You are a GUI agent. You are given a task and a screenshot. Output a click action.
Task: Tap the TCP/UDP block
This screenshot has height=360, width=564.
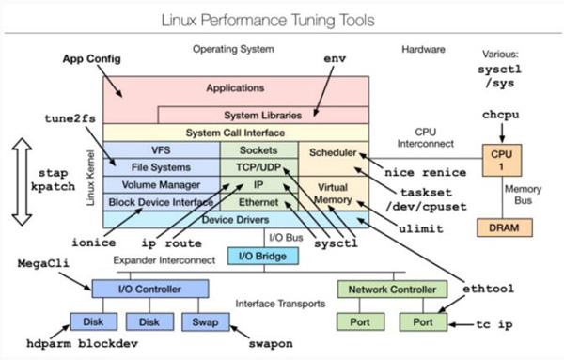click(258, 167)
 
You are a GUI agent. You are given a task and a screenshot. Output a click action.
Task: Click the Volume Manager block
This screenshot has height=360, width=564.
click(161, 184)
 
